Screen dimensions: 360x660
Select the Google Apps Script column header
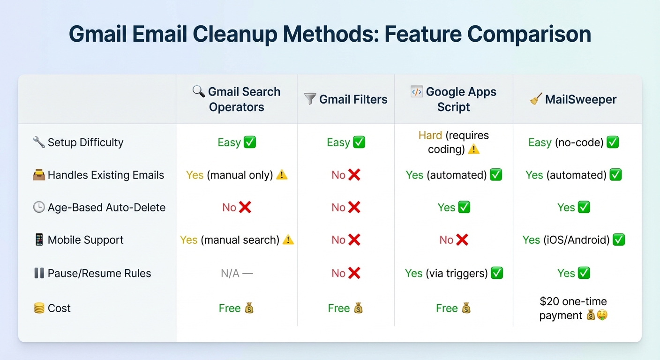click(x=453, y=99)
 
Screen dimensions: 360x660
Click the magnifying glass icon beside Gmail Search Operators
click(x=199, y=91)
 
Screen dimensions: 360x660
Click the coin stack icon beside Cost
click(x=39, y=308)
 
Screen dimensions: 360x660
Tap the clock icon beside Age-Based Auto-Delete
click(x=39, y=207)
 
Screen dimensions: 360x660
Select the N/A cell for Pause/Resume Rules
click(x=237, y=273)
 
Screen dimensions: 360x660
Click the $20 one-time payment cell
click(x=573, y=308)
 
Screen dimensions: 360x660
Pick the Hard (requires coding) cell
click(x=453, y=142)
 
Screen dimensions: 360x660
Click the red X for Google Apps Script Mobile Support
click(x=462, y=240)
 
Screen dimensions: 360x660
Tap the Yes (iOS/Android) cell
click(x=573, y=240)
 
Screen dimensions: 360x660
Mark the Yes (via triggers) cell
click(x=453, y=273)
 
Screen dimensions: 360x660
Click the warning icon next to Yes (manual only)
click(x=282, y=175)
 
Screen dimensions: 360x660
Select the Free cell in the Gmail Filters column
click(x=345, y=308)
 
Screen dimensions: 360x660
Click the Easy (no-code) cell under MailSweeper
click(x=573, y=142)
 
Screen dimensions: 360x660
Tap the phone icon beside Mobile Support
click(x=39, y=240)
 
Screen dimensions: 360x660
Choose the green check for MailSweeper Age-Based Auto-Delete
click(x=584, y=207)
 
